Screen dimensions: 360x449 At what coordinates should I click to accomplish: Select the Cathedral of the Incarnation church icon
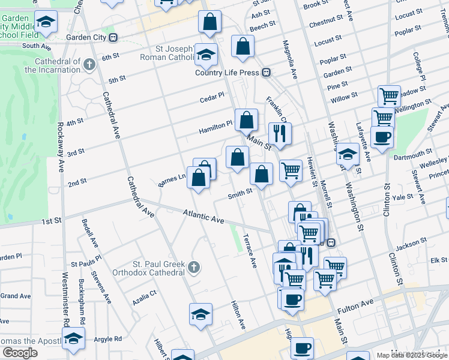point(89,64)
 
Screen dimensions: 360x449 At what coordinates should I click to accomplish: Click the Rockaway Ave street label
point(61,148)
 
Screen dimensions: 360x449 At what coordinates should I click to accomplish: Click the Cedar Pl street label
point(212,96)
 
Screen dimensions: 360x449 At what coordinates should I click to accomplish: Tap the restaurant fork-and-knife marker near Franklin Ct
point(280,133)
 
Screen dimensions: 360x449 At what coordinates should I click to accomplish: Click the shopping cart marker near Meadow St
point(389,96)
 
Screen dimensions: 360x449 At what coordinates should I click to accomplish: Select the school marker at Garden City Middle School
point(46,23)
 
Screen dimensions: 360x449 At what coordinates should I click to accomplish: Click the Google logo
point(20,353)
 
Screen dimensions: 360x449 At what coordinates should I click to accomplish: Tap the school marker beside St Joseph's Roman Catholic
point(206,56)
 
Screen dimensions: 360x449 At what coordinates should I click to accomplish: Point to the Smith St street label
point(239,196)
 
